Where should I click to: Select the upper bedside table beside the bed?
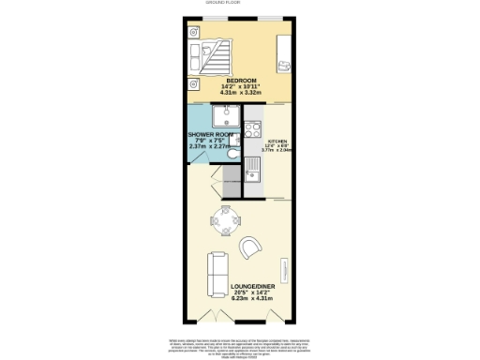[x=194, y=32]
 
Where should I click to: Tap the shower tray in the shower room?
[x=225, y=117]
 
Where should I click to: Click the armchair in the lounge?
[x=251, y=247]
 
